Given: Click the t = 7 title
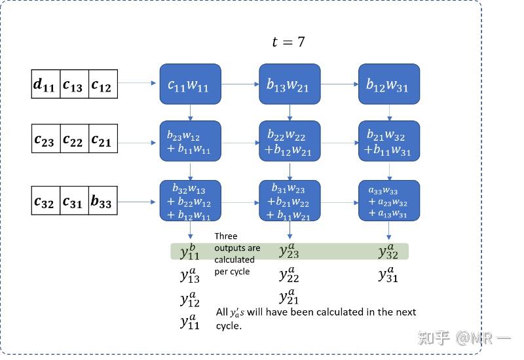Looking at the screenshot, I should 288,43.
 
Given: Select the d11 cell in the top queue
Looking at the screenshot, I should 45,84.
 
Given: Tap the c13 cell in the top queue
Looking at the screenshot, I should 73,84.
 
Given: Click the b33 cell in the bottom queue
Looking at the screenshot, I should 102,202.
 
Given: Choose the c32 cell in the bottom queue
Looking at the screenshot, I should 45,202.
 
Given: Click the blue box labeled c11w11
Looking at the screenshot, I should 191,84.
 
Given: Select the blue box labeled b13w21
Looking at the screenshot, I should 290,84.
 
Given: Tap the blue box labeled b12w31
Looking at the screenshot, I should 388,84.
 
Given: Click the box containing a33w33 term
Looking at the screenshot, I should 388,200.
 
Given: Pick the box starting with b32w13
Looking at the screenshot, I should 191,200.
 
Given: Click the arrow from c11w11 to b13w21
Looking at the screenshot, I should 240,84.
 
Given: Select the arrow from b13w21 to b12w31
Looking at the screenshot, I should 339,84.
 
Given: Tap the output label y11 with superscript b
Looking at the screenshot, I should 190,251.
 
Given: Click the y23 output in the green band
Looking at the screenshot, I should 289,251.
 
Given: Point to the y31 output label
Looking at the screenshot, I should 388,274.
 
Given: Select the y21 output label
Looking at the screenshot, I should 289,297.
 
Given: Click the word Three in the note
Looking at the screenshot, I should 226,236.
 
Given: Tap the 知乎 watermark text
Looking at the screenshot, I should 434,338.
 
